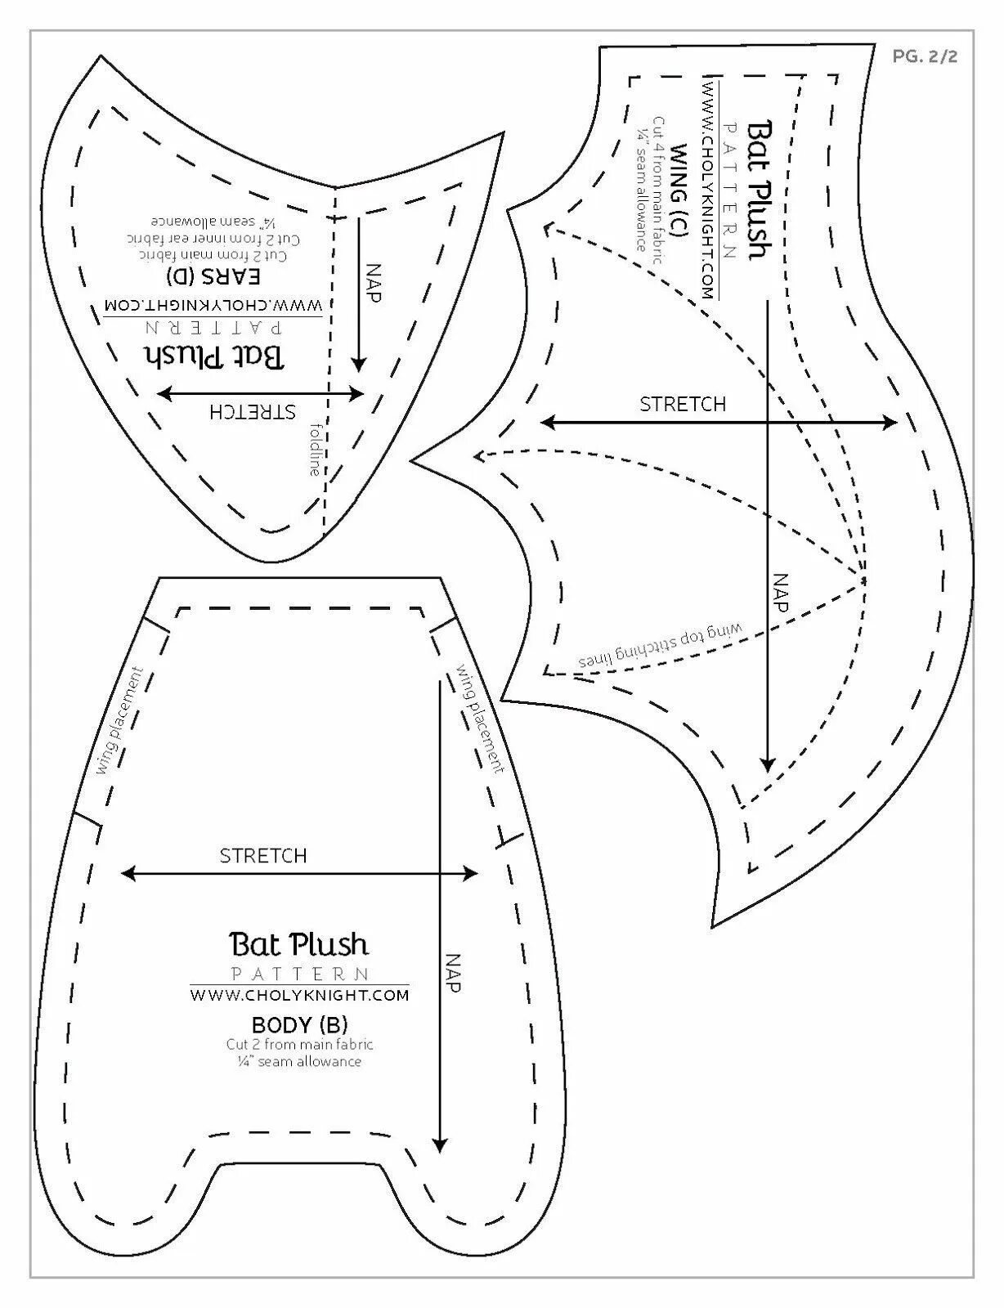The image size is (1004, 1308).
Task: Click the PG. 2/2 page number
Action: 925,56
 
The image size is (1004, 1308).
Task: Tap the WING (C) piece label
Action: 679,190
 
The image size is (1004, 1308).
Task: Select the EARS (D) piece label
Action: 213,275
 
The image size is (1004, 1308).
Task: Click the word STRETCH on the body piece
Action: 263,856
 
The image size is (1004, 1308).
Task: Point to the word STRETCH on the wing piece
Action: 683,405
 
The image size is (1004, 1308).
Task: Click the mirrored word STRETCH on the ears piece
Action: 253,410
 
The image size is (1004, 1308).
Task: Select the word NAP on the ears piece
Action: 373,283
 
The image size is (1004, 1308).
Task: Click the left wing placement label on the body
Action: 119,721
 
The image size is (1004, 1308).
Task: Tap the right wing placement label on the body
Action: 481,717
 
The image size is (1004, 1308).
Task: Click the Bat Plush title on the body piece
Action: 299,945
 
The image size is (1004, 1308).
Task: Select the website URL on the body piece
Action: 299,995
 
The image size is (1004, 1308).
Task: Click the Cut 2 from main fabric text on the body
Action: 300,1044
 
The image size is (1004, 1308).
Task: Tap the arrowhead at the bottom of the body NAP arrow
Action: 441,1146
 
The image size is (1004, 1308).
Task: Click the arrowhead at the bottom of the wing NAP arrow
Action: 767,764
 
